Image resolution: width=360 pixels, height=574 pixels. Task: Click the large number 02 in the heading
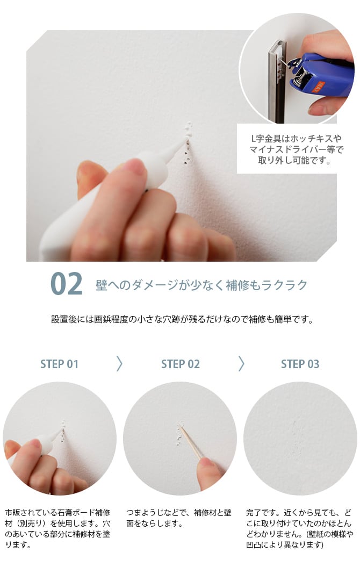67,284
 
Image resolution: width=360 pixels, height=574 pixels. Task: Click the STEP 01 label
59,364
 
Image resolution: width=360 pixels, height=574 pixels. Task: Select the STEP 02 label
180,364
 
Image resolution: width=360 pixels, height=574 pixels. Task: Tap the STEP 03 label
300,364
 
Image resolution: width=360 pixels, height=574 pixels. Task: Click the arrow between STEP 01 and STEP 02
119,364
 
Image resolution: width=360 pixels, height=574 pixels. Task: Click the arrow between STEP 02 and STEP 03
241,364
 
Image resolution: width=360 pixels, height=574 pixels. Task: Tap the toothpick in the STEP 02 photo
191,443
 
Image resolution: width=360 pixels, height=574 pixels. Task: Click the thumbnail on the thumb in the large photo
135,167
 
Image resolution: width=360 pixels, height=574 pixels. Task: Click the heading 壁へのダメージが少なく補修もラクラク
201,284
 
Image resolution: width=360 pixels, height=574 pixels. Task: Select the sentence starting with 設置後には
182,319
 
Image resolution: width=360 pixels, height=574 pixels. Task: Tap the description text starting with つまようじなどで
179,518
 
